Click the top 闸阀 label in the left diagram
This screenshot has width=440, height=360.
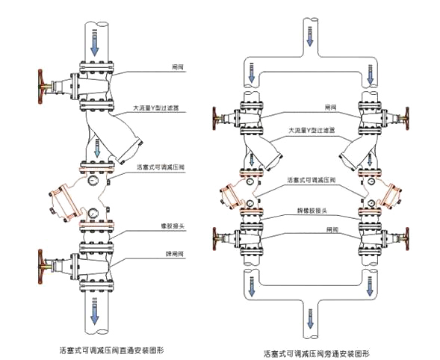click(176, 67)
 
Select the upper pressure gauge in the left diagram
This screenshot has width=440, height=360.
click(92, 180)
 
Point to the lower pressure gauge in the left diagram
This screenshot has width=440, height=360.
click(92, 214)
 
